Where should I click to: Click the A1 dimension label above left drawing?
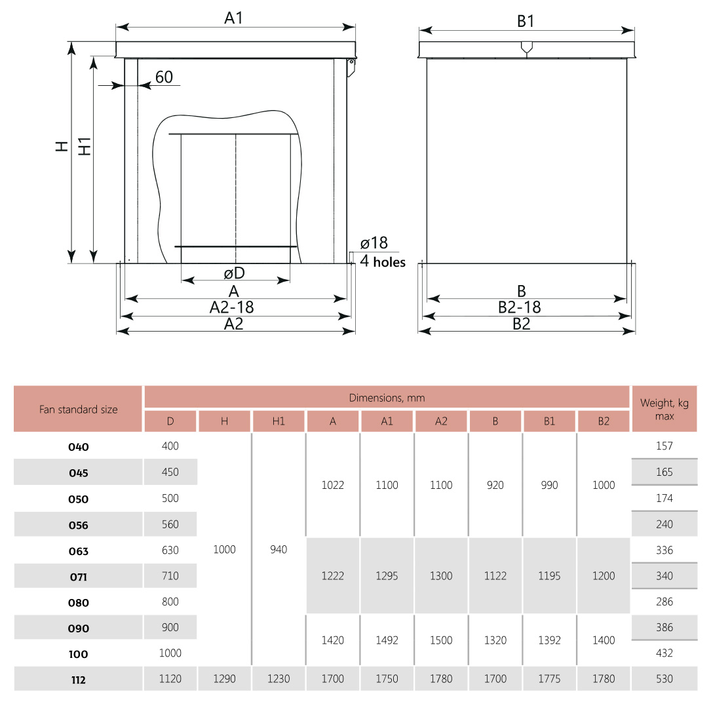(234, 18)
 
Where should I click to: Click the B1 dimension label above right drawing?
(526, 21)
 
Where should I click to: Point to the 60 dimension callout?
(164, 77)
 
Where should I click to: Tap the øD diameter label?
(234, 273)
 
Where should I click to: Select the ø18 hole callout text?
(374, 243)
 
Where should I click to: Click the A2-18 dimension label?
(232, 307)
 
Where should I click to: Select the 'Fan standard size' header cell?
(78, 410)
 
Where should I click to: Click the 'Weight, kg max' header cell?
(664, 410)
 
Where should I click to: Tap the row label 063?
(78, 551)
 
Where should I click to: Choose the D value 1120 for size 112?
(170, 679)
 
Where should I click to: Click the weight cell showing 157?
(664, 446)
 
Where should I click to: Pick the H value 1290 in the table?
(224, 679)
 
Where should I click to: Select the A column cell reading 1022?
(333, 486)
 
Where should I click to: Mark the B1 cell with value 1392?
(549, 640)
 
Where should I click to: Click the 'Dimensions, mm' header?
(387, 398)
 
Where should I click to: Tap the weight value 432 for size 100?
(664, 653)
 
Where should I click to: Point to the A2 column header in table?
(441, 421)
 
